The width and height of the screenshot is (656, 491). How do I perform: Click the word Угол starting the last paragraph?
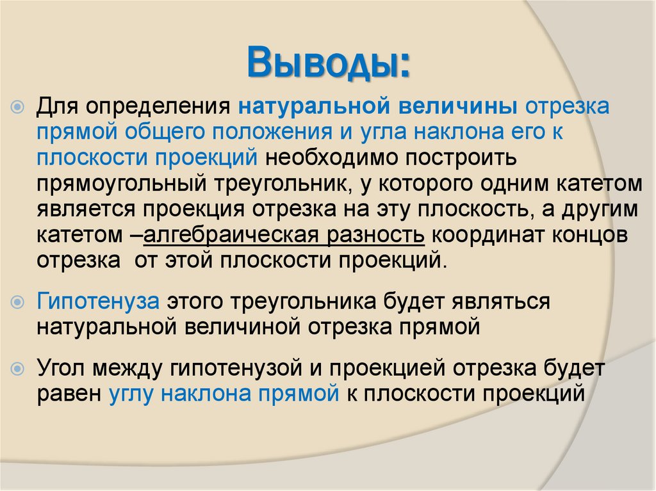pos(63,367)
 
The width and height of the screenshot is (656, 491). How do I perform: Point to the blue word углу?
pos(131,393)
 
